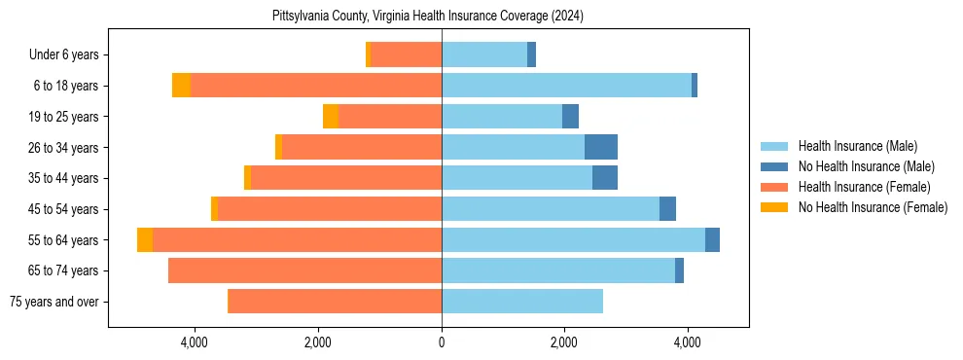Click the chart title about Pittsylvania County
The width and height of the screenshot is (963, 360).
428,17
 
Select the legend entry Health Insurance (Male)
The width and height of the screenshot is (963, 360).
857,146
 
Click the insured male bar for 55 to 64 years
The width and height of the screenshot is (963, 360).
573,239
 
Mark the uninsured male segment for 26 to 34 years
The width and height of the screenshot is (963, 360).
601,147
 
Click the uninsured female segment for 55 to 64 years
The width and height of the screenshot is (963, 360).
145,239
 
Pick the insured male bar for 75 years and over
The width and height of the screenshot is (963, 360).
522,302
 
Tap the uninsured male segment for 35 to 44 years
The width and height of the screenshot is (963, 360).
605,178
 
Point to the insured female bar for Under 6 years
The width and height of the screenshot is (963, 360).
407,55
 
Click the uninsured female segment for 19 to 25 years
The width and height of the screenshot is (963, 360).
331,117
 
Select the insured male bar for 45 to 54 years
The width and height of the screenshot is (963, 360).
551,209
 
